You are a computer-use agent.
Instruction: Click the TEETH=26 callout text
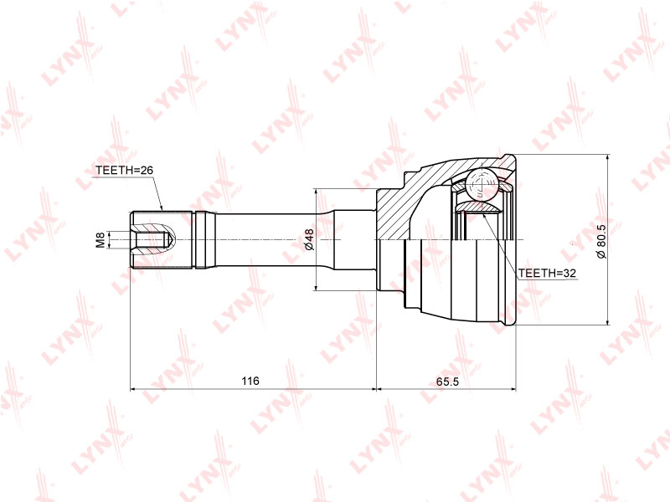tap(124, 170)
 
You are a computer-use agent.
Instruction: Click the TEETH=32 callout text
tap(547, 273)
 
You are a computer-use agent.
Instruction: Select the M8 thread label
tap(100, 240)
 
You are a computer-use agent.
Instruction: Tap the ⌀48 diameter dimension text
tap(309, 239)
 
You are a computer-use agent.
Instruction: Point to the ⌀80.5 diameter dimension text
tap(601, 241)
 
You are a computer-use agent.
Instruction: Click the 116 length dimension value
tap(250, 381)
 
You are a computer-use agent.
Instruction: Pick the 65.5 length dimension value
tap(447, 382)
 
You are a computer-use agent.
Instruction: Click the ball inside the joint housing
tap(482, 185)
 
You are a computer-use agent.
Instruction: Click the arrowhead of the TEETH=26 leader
tap(162, 207)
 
